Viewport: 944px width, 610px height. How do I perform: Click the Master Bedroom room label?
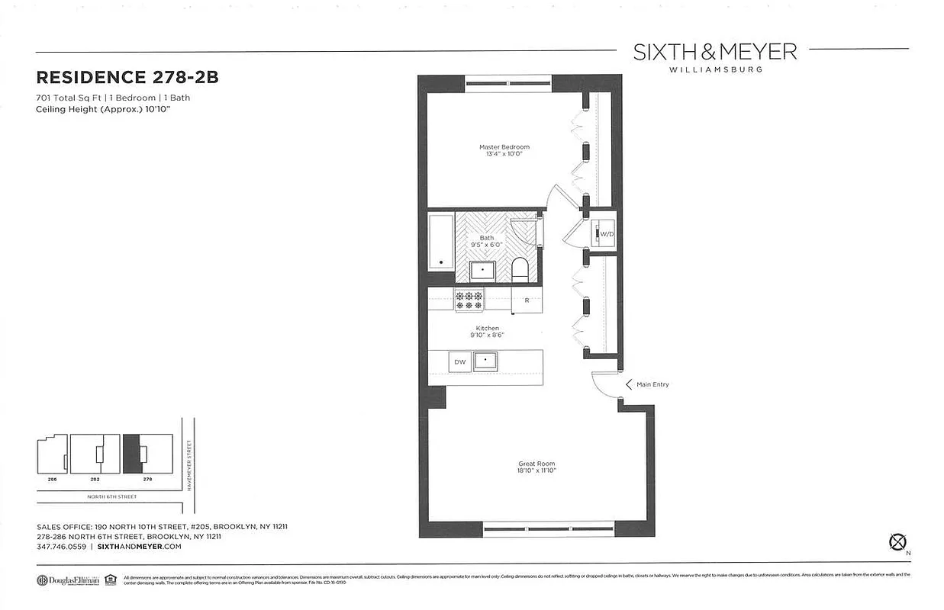pos(504,147)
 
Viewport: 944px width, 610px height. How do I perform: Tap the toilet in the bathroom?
pos(520,268)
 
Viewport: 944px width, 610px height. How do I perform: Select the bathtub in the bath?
pos(440,242)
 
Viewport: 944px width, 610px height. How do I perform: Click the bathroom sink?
pos(482,270)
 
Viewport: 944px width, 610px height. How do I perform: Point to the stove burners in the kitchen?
pos(469,300)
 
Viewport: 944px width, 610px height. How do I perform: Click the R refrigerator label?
pos(527,300)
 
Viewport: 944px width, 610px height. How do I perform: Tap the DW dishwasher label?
pos(459,362)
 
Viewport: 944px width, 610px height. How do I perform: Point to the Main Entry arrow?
pos(629,384)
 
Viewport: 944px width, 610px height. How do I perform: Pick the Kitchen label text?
pos(487,329)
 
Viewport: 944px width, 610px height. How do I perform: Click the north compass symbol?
pos(897,542)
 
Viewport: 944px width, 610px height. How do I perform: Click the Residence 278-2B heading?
pos(121,78)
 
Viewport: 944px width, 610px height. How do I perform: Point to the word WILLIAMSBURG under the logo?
pos(715,69)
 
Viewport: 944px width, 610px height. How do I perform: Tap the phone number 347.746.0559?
pos(61,547)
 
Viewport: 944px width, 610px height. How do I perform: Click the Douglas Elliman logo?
pos(69,579)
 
